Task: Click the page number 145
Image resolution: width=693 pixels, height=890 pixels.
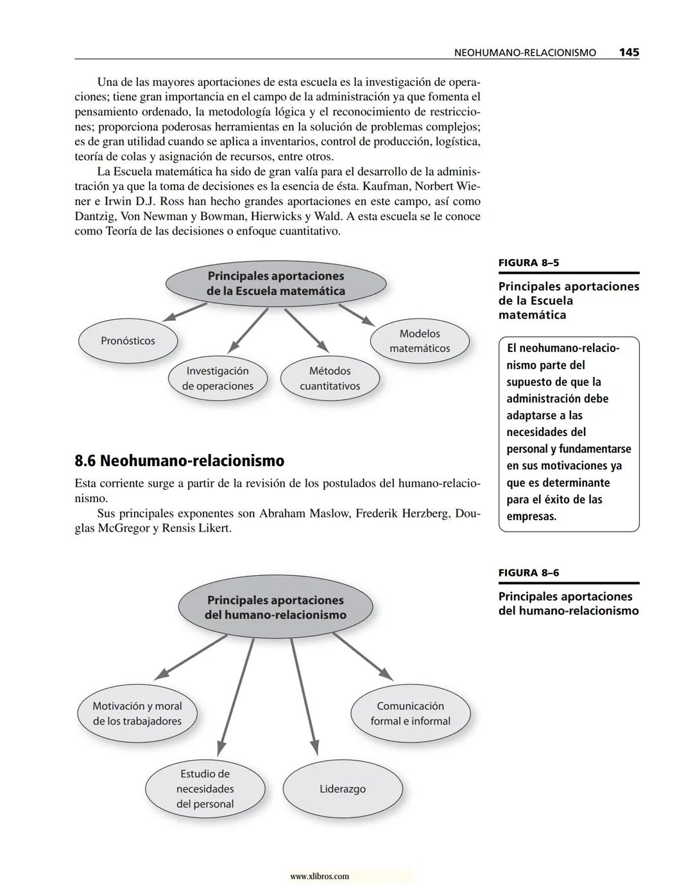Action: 629,53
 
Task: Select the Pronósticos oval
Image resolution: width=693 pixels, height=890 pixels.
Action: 128,340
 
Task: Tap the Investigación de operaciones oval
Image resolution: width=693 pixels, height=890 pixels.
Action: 218,378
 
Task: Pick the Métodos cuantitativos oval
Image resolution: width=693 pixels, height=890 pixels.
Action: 330,378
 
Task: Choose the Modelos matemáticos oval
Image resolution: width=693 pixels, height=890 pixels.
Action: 420,340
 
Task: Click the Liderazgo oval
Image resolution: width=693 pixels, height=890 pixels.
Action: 343,789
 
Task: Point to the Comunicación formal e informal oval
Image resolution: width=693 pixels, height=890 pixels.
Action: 410,713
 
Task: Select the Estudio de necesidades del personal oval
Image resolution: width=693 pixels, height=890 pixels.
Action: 205,789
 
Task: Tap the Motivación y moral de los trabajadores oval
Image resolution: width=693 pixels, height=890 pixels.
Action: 137,713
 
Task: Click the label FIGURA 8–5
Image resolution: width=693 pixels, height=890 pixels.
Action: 524,262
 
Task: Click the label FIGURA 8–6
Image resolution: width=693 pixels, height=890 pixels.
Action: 524,573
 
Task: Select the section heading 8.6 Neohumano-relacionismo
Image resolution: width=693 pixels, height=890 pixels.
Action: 179,460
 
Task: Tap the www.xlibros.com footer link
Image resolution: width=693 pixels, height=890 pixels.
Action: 320,876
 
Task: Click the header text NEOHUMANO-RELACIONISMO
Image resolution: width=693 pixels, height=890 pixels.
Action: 525,53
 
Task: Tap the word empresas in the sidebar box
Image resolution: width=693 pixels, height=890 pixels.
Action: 531,516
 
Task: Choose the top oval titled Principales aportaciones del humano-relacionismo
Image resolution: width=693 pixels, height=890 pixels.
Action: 275,607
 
